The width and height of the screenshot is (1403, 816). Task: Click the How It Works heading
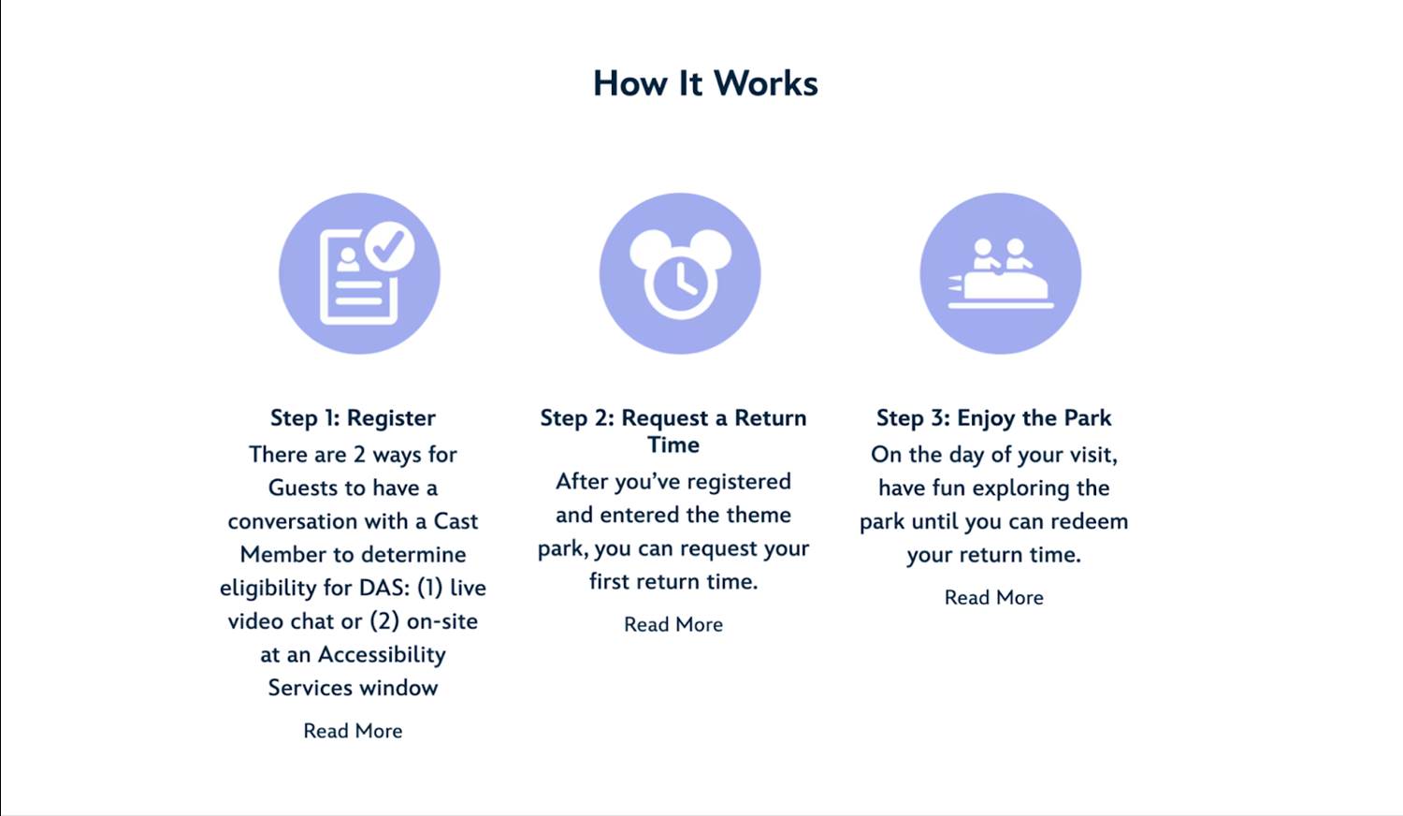tap(705, 83)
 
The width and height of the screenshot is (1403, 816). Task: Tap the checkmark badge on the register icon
tap(389, 246)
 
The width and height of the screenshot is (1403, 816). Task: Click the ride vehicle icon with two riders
tap(1001, 274)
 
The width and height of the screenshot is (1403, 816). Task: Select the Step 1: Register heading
tap(353, 417)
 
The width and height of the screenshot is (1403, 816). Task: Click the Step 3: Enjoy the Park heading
tap(993, 417)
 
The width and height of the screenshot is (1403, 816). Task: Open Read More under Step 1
tap(353, 731)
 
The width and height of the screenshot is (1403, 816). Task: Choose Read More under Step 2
tap(673, 624)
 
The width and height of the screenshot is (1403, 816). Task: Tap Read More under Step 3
tap(993, 597)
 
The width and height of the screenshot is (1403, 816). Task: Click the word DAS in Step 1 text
tap(383, 588)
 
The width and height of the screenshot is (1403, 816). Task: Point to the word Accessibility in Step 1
tap(382, 654)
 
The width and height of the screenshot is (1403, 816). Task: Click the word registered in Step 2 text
tap(739, 481)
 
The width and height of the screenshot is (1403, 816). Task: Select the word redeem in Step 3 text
tap(1090, 521)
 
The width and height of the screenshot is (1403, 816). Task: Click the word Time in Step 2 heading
tap(673, 444)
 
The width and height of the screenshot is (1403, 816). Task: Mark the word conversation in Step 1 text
tap(293, 521)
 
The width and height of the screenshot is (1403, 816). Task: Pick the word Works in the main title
tap(765, 83)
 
